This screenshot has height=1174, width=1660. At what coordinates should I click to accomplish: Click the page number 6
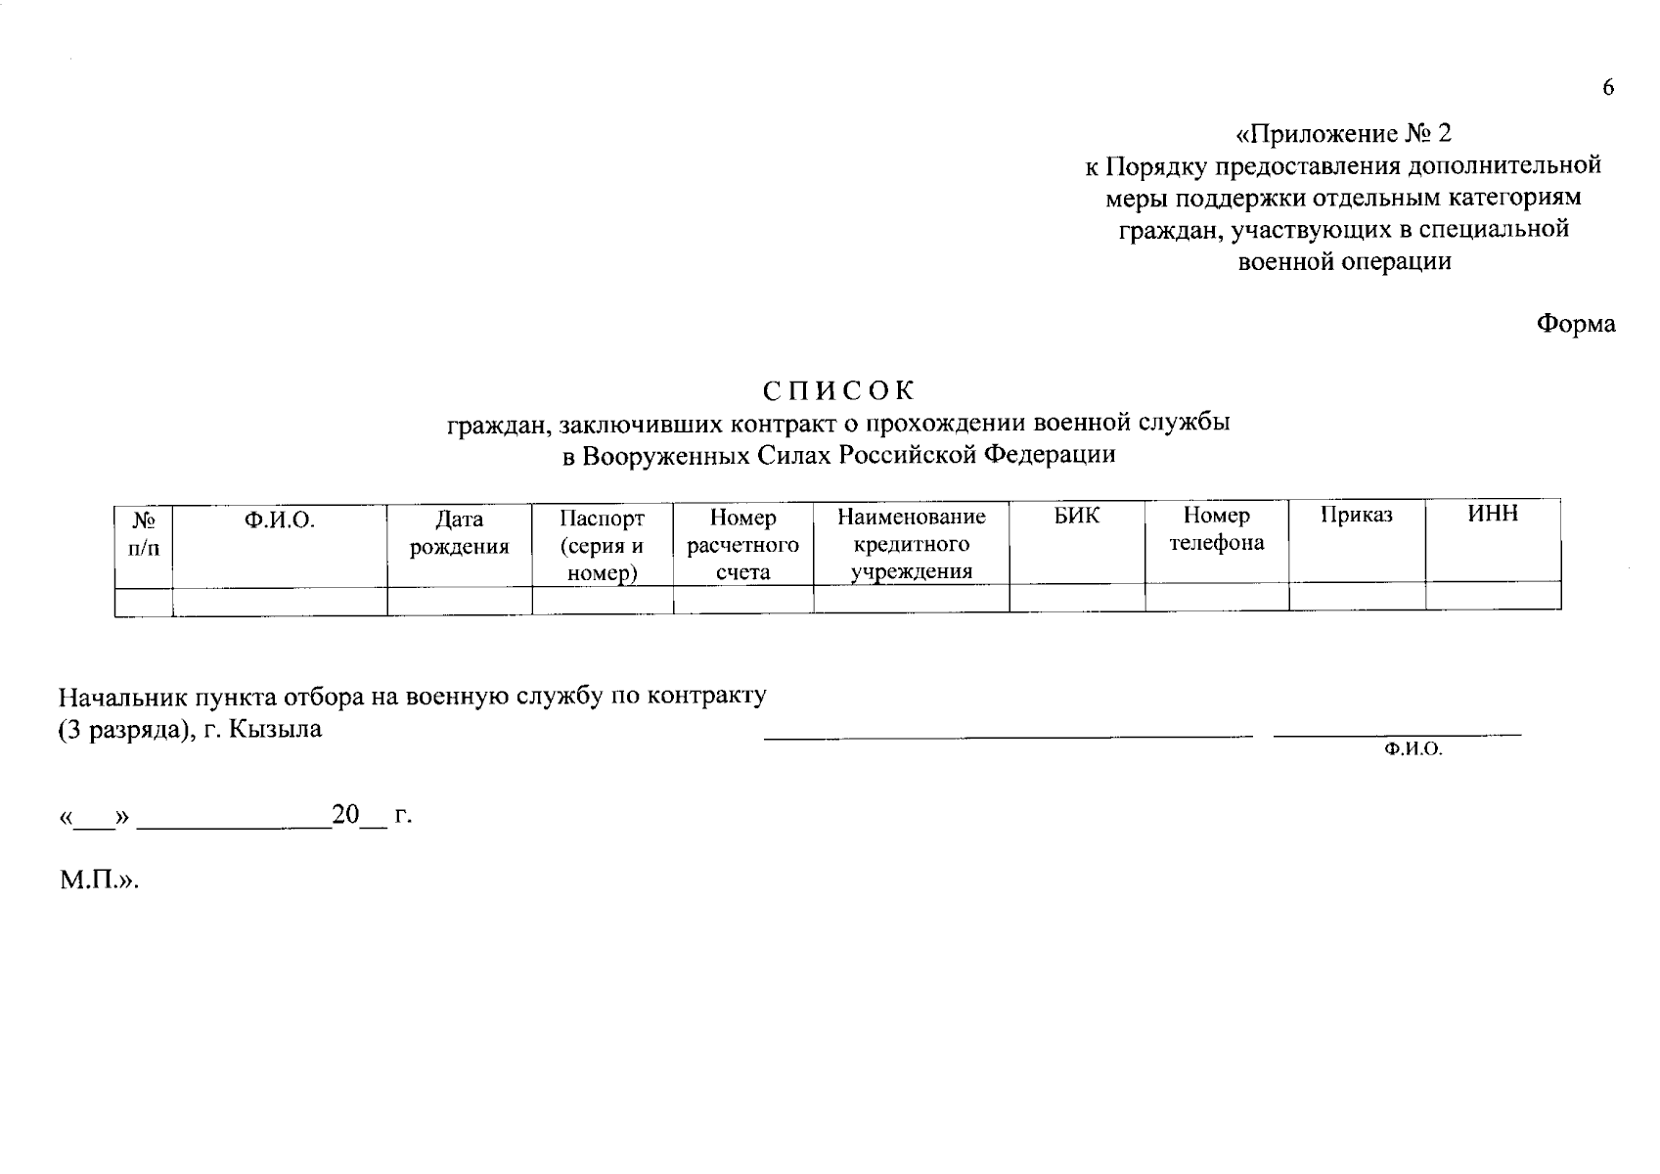pyautogui.click(x=1608, y=88)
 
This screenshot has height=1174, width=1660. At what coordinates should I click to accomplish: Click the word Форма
pyautogui.click(x=1575, y=324)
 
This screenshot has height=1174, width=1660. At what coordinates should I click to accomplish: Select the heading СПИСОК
pyautogui.click(x=838, y=390)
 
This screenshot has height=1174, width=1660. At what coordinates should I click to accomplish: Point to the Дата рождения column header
pyautogui.click(x=460, y=532)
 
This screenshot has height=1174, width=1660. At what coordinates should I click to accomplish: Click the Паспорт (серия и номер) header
pyautogui.click(x=603, y=545)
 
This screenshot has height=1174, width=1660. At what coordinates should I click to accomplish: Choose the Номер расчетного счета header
pyautogui.click(x=743, y=545)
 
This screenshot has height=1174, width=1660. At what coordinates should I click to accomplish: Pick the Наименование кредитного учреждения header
pyautogui.click(x=912, y=544)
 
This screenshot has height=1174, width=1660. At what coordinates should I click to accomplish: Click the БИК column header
pyautogui.click(x=1077, y=516)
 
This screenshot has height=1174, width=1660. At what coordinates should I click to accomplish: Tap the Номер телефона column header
pyautogui.click(x=1217, y=529)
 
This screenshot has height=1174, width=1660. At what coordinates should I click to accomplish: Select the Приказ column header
pyautogui.click(x=1357, y=516)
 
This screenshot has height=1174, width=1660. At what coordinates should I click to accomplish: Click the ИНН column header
pyautogui.click(x=1493, y=514)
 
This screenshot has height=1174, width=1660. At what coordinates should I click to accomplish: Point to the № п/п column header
pyautogui.click(x=144, y=533)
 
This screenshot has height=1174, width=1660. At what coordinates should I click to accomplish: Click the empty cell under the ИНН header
pyautogui.click(x=1493, y=595)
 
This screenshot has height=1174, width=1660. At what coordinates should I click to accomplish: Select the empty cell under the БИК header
pyautogui.click(x=1077, y=597)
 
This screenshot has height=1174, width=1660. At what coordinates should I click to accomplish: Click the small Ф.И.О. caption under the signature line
pyautogui.click(x=1413, y=750)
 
